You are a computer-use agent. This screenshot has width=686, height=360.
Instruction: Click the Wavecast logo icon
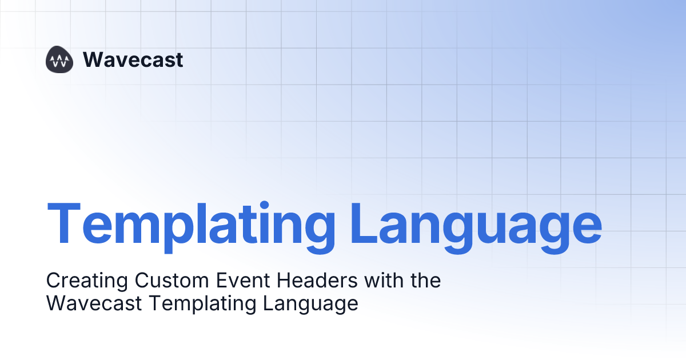(59, 59)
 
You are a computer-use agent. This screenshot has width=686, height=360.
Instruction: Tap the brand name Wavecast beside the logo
(133, 59)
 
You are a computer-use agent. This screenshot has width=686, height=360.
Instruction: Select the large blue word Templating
(192, 223)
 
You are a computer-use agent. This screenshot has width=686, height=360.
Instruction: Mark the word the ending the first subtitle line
(424, 281)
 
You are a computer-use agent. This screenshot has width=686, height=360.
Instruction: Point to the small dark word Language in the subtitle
(311, 303)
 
